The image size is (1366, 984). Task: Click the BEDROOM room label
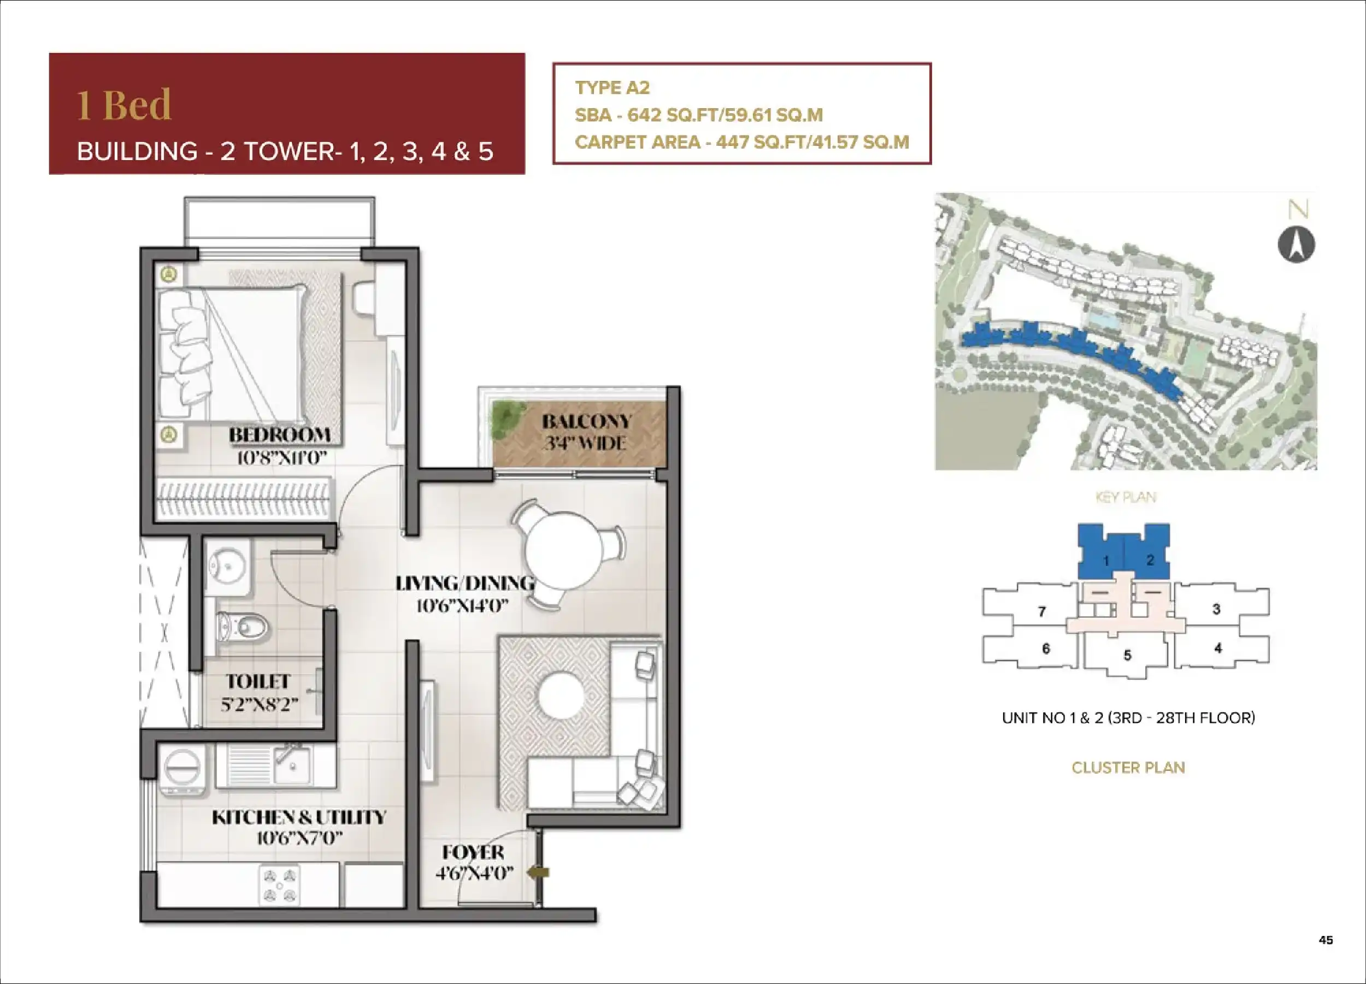tap(279, 435)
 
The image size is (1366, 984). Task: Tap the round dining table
tap(564, 550)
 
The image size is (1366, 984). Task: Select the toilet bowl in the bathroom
tap(242, 627)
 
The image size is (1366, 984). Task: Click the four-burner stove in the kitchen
tap(279, 885)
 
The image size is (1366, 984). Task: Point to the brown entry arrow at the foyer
tap(538, 871)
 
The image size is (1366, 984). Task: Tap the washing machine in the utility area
tap(182, 771)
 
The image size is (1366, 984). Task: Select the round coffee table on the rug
tap(561, 696)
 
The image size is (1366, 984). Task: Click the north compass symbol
tap(1296, 244)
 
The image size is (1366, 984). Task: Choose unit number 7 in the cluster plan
tap(1042, 611)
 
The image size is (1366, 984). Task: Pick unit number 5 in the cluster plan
tap(1127, 655)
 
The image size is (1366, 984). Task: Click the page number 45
tap(1326, 939)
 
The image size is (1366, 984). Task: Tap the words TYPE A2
tap(612, 88)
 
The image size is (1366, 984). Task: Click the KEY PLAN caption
tap(1126, 497)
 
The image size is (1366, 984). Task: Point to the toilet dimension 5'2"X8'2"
tap(259, 703)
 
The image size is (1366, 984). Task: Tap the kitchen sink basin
tap(293, 765)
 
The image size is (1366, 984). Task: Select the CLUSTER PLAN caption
tap(1128, 767)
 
